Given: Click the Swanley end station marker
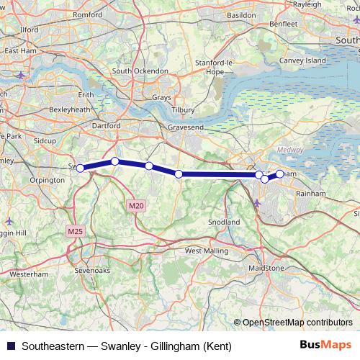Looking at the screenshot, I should [x=81, y=168].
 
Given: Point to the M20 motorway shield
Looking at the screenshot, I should [x=136, y=206].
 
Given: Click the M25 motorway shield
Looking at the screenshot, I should [x=75, y=231].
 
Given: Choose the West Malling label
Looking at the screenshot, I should [x=206, y=251].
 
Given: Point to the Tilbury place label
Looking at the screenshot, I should [x=183, y=110].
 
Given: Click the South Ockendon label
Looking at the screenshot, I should [x=140, y=71].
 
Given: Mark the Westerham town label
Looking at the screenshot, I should [x=30, y=274].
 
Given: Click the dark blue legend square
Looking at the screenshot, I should [x=9, y=346].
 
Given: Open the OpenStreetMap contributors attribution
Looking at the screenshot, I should [x=297, y=323].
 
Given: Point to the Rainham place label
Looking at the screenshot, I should [x=320, y=193].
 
